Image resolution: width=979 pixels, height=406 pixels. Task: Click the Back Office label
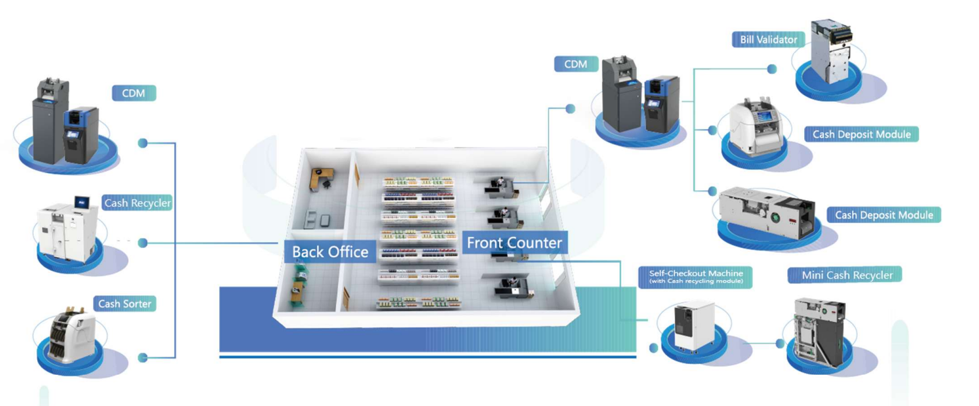pos(330,252)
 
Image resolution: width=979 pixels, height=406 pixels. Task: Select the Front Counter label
pos(514,242)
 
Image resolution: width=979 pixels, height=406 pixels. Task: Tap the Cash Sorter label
pos(125,304)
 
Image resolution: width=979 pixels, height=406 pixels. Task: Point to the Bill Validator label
pos(768,40)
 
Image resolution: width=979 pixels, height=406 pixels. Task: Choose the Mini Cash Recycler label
pos(847,275)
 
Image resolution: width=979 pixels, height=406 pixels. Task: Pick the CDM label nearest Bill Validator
pos(576,64)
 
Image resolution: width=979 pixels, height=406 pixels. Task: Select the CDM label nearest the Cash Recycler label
pos(133,93)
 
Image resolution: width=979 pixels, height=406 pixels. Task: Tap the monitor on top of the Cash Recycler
pos(81,203)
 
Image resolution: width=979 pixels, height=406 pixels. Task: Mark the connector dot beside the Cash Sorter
pos(142,358)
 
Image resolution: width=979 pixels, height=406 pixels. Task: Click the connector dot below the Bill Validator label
pos(772,69)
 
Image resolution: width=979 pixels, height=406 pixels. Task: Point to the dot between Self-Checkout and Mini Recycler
pos(780,343)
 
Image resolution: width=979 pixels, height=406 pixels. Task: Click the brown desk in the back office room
pos(321,177)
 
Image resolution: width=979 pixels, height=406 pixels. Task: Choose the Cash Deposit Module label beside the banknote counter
pos(861,134)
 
